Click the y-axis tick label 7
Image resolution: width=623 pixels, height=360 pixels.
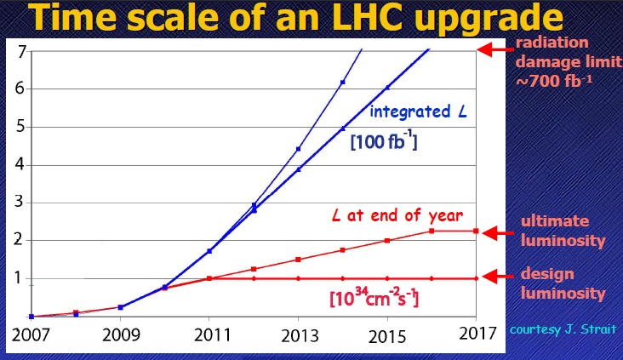click(x=20, y=50)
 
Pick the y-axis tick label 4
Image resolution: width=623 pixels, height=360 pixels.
click(x=20, y=164)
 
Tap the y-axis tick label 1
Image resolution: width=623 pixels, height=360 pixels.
click(x=20, y=278)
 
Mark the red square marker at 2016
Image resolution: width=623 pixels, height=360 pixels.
click(x=432, y=231)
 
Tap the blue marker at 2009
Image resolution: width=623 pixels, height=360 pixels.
click(x=120, y=307)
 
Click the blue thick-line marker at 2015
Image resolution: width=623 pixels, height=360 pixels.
click(x=387, y=88)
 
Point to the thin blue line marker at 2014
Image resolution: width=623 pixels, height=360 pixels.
click(x=342, y=82)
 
